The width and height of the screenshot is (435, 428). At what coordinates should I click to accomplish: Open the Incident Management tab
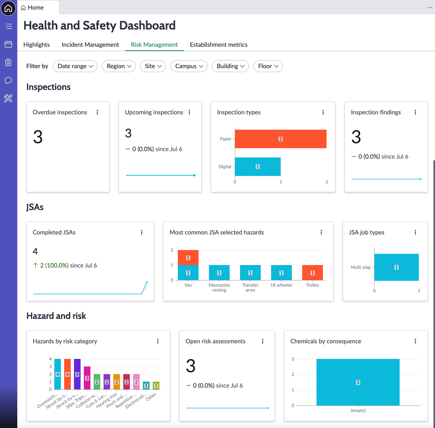tap(90, 45)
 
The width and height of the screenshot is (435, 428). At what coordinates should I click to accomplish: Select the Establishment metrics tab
tap(219, 45)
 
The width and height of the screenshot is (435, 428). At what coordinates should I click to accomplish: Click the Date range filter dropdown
tap(75, 66)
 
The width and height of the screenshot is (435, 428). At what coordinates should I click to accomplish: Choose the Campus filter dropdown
tap(189, 66)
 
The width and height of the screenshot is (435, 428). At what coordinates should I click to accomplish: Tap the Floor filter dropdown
tap(268, 66)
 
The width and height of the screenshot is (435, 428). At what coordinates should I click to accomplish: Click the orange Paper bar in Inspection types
tap(281, 139)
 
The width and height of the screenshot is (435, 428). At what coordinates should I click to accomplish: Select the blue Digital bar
tap(258, 167)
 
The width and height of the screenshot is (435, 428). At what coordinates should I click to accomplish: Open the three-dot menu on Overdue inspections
tap(97, 112)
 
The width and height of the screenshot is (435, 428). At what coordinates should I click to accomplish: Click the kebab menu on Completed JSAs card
tap(142, 233)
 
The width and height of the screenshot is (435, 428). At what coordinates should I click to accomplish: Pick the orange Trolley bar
tap(312, 273)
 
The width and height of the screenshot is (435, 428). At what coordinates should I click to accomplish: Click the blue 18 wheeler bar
tap(281, 273)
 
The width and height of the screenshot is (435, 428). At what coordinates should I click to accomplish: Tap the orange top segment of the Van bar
tap(188, 258)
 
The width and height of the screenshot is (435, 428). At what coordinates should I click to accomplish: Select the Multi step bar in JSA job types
tap(396, 267)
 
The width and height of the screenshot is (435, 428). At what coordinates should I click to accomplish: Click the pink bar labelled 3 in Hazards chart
tap(87, 378)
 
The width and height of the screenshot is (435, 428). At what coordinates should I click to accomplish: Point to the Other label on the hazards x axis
tap(151, 396)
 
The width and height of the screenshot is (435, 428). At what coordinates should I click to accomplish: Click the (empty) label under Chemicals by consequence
tap(358, 410)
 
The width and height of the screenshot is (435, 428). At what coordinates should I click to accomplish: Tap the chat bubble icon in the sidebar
tap(8, 80)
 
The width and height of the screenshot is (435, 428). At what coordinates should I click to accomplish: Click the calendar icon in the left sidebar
tap(8, 44)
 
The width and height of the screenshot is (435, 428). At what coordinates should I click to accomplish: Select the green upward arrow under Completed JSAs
tap(35, 265)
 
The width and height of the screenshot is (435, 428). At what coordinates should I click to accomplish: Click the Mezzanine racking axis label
tap(219, 288)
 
